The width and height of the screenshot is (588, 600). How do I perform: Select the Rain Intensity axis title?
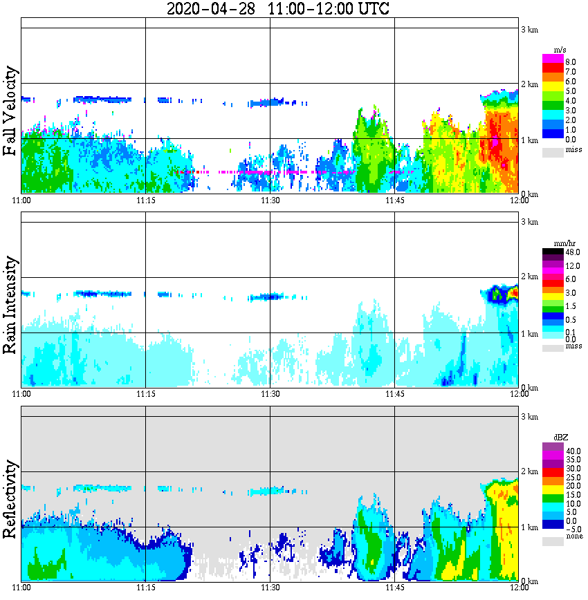point(10,305)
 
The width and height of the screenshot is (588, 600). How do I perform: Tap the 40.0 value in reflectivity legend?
point(572,450)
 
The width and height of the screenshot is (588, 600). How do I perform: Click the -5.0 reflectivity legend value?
point(572,530)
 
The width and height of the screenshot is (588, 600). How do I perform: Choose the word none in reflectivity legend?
point(571,536)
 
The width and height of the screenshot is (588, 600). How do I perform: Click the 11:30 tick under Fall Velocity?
point(270,200)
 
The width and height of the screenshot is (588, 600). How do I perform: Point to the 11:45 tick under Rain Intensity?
point(394,394)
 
